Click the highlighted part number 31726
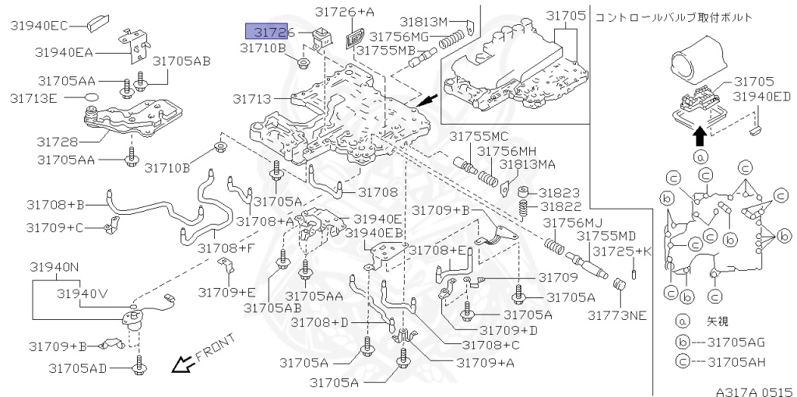click(x=269, y=32)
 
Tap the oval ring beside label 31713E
click(x=92, y=98)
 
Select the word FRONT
click(x=215, y=347)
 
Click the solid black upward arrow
click(x=700, y=136)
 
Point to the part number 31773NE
click(x=616, y=314)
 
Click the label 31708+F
click(x=226, y=248)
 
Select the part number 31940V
click(x=82, y=293)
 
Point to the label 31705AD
click(x=76, y=367)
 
